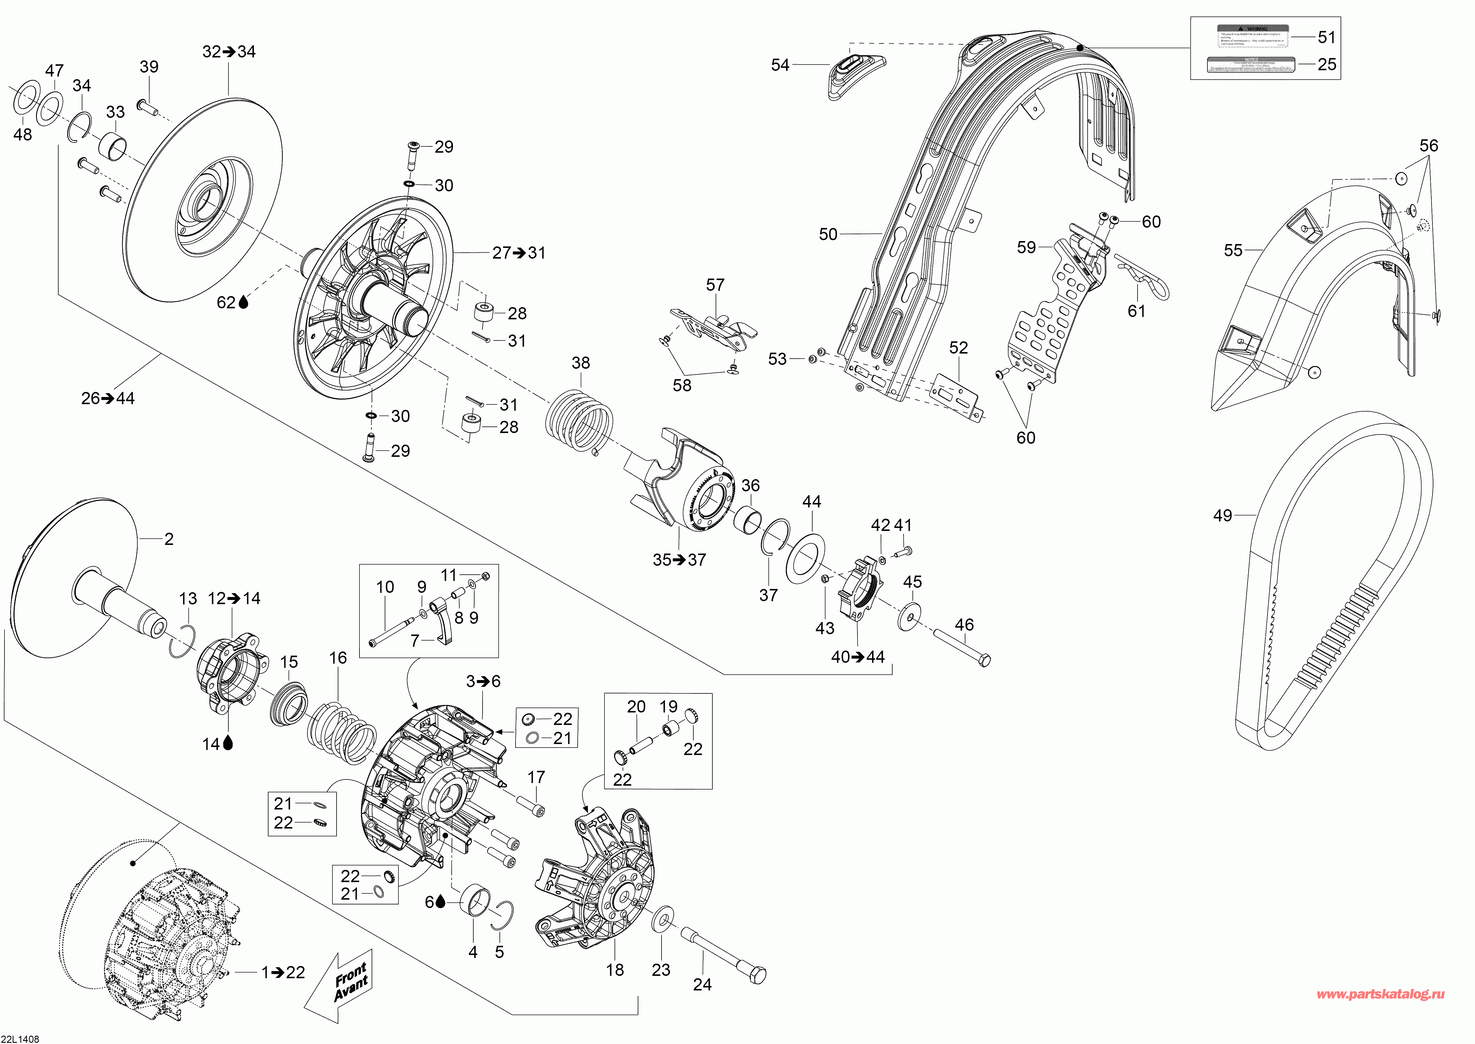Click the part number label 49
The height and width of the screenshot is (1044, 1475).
coord(1223,515)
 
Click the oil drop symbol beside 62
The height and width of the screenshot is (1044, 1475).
coord(243,302)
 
